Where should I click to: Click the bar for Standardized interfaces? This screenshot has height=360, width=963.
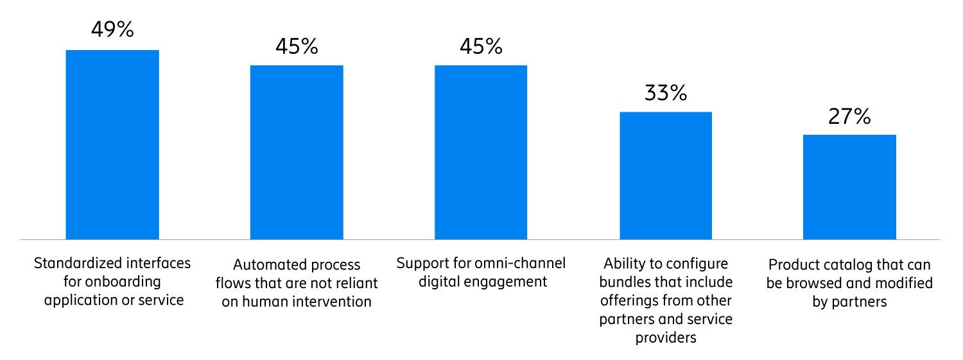coord(112,144)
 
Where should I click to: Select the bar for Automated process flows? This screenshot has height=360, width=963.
coord(297,152)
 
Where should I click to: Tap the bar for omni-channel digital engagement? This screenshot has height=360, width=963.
coord(481,152)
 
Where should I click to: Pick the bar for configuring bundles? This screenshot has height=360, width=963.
coord(666,175)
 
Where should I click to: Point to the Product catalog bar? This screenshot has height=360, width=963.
coord(849,187)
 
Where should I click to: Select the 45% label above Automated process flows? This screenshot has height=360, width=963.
coord(297,46)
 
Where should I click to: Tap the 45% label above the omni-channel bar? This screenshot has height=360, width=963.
coord(481,46)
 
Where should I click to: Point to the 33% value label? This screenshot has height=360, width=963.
coord(666,93)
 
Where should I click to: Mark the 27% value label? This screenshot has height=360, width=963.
coord(849,116)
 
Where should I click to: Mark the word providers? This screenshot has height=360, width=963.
coord(666,337)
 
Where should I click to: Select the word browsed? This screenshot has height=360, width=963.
coord(824,283)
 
